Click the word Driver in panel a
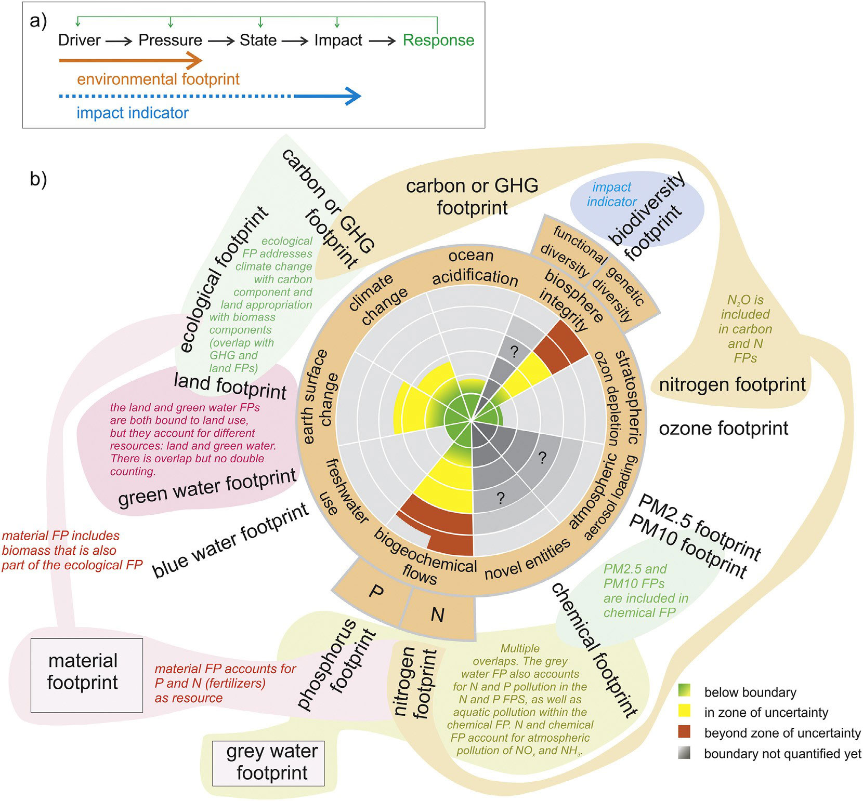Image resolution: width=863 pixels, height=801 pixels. click(x=79, y=40)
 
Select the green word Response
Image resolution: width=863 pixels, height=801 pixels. click(x=438, y=40)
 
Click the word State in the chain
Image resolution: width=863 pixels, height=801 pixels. click(x=258, y=40)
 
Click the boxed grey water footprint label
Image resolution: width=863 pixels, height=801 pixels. click(x=268, y=763)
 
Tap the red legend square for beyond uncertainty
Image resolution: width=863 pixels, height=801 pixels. click(x=684, y=732)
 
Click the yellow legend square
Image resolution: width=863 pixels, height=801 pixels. click(x=684, y=712)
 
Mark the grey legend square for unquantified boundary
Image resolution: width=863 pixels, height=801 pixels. click(x=684, y=753)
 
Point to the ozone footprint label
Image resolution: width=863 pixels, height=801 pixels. click(x=723, y=429)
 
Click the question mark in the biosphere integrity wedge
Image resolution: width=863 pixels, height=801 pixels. click(x=514, y=352)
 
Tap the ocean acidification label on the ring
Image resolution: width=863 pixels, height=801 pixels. click(x=474, y=267)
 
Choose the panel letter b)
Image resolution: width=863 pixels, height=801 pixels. click(x=38, y=179)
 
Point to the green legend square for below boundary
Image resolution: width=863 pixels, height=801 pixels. click(x=684, y=691)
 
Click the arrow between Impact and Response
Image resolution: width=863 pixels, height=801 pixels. click(x=385, y=41)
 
